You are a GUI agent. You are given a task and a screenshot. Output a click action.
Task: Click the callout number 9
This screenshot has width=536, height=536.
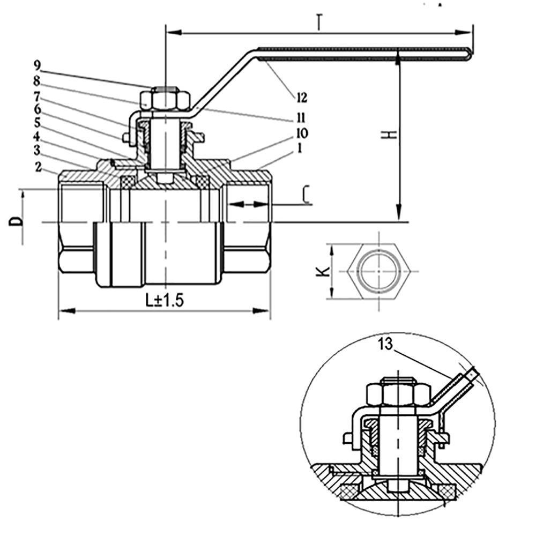point(37,66)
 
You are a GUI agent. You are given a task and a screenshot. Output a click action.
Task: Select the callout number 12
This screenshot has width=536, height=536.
point(301,97)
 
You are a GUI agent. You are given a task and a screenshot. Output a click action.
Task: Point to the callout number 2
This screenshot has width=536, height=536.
point(38,167)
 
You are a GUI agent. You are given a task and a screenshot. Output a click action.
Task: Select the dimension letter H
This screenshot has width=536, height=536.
point(393,133)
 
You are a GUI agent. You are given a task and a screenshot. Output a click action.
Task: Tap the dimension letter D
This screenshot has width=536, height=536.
point(18,220)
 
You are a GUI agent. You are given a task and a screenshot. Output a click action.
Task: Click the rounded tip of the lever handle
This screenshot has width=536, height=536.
point(470,51)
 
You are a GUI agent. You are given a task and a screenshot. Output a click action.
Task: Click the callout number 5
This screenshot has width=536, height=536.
point(37,123)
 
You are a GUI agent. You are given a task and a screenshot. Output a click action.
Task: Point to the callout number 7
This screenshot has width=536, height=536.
point(37,96)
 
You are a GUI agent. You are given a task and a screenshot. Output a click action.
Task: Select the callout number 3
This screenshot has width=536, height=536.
point(37,148)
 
